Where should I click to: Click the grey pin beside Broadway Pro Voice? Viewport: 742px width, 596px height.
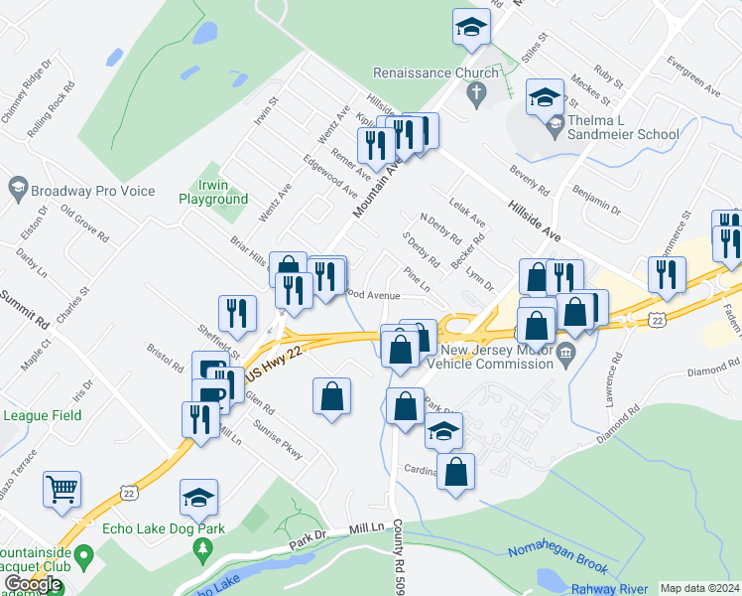pos(17,188)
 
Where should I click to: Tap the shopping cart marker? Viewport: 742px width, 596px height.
pos(62,489)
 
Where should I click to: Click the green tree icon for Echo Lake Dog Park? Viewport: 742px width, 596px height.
pos(203,547)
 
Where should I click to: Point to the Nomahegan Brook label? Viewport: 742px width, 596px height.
pos(557,558)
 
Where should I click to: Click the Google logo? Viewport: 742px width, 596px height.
pos(33,584)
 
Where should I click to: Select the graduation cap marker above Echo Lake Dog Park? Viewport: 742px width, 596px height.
pos(198,497)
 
